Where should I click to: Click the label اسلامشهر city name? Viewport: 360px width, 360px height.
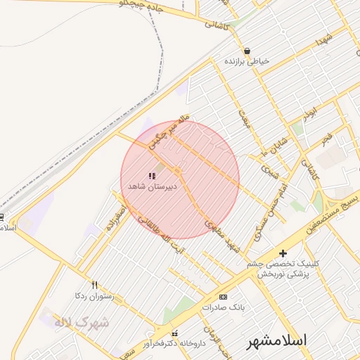coord(277,341)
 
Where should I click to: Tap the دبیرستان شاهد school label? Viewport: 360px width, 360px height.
coord(151,187)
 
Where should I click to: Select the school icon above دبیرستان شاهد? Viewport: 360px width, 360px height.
coord(152,176)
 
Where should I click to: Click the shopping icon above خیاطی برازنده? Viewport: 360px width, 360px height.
coord(247,51)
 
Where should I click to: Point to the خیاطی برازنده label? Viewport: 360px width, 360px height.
coord(247,62)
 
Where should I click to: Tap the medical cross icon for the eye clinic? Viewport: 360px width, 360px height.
coord(283,253)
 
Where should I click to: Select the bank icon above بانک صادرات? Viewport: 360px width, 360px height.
coord(224,297)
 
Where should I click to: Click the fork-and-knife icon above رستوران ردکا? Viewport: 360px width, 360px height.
coord(94,285)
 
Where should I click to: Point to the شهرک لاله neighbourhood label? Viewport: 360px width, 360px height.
coord(83,322)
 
